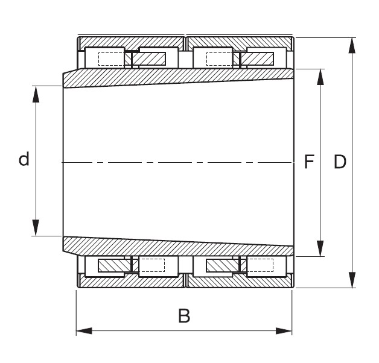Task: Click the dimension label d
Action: (24, 160)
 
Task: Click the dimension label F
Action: (310, 162)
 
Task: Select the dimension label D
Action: (340, 162)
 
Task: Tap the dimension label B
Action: (184, 315)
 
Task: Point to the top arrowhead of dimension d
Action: (36, 91)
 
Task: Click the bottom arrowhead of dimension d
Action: (36, 230)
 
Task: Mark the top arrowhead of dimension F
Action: (319, 75)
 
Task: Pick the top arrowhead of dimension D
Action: (351, 43)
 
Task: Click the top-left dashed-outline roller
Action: (110, 58)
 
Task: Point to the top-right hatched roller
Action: (258, 58)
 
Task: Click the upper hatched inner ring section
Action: (181, 77)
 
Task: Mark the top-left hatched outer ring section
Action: (130, 43)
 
